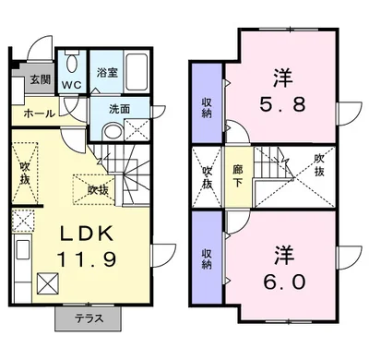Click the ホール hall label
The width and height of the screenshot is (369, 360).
point(38,114)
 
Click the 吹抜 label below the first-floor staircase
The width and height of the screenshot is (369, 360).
point(98,189)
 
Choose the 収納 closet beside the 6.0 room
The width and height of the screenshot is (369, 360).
point(207,256)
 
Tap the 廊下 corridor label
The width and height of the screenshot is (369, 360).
point(239,176)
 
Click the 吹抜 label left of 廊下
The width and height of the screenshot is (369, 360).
point(207,176)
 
